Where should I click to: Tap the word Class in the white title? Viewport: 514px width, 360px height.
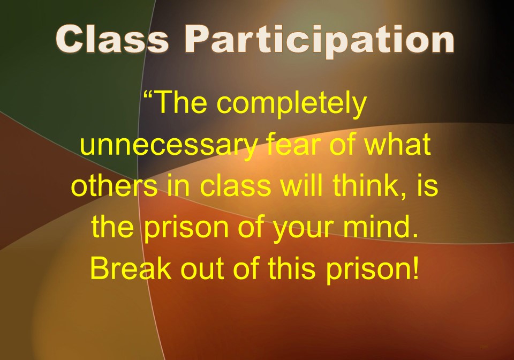(112, 39)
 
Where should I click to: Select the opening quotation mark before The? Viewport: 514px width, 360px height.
(149, 97)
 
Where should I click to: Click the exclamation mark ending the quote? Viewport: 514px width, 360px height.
(415, 267)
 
